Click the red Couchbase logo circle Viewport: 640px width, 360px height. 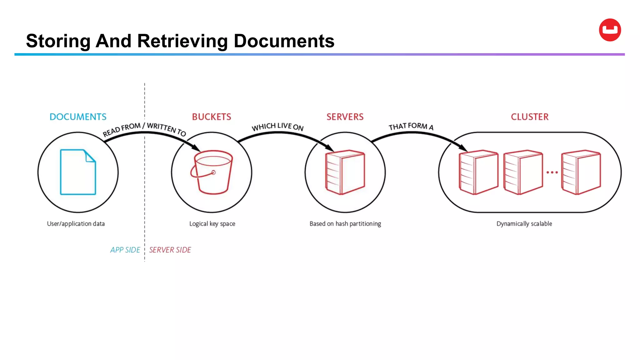pos(610,30)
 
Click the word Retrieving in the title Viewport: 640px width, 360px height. pos(182,41)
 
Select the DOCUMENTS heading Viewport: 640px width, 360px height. pos(78,117)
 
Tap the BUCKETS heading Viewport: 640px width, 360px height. pos(212,117)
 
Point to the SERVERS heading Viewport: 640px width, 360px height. pos(345,117)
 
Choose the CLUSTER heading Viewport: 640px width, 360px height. pos(530,117)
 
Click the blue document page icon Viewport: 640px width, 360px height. pos(78,172)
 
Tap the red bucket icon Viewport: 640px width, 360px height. pos(212,172)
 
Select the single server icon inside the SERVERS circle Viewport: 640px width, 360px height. pos(345,172)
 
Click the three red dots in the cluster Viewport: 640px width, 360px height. pos(552,172)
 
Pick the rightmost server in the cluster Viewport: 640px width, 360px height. pos(581,172)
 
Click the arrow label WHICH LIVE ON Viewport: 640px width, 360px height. pos(277,127)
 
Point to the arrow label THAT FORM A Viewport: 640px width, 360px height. pos(411,127)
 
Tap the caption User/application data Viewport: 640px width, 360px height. pos(76,224)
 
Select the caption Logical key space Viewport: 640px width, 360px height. pos(212,224)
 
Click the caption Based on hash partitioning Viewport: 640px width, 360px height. pos(345,224)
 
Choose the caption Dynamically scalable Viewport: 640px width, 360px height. pos(524,224)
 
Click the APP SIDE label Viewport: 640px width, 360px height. pos(125,250)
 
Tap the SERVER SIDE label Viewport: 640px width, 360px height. pos(170,250)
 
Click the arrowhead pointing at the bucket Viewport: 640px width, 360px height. pos(196,147)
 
